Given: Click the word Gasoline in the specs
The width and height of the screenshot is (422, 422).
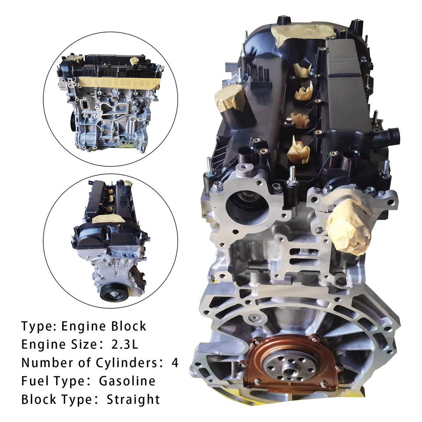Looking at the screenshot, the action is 127,381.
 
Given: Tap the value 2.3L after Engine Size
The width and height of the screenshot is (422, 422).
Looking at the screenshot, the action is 124,344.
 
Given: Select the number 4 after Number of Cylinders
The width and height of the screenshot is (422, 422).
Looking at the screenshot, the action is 175,363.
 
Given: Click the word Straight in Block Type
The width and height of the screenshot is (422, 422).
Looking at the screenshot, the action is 133,400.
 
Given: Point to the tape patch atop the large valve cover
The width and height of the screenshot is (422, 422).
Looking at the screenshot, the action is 303,34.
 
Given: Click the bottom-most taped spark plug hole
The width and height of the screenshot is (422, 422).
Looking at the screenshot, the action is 298,152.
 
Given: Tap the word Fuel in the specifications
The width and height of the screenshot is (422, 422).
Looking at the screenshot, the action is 36,381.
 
